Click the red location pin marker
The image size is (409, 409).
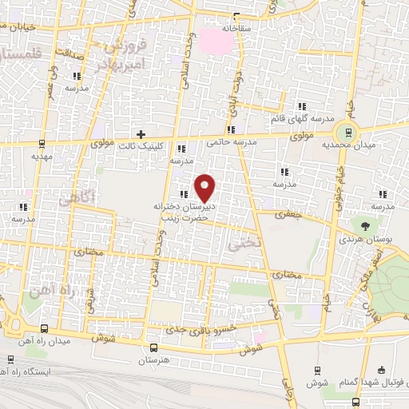205,187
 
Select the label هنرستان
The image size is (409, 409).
153,361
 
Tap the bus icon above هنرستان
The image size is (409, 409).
153,347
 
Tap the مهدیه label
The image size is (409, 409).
42,157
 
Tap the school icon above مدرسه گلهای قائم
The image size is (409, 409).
301,106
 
